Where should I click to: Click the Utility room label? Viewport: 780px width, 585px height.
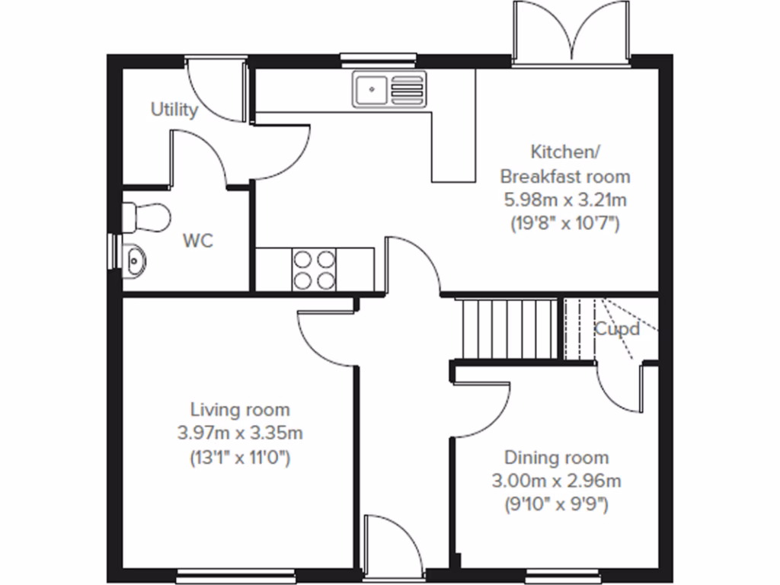point(174,110)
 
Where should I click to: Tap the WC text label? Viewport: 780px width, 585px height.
point(197,241)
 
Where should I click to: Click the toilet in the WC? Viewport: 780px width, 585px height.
point(145,218)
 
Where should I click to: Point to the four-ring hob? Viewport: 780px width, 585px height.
point(314,269)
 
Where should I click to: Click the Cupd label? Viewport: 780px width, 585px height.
point(616,330)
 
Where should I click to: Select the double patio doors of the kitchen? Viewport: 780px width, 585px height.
point(571,34)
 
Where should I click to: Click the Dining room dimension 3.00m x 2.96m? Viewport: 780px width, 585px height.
point(556,481)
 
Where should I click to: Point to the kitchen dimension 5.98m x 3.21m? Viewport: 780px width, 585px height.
point(564,200)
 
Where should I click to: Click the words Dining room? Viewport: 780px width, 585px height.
point(556,457)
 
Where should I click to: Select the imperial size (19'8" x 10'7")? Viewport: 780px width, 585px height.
point(564,224)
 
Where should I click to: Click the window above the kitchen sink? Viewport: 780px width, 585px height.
point(379,57)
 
